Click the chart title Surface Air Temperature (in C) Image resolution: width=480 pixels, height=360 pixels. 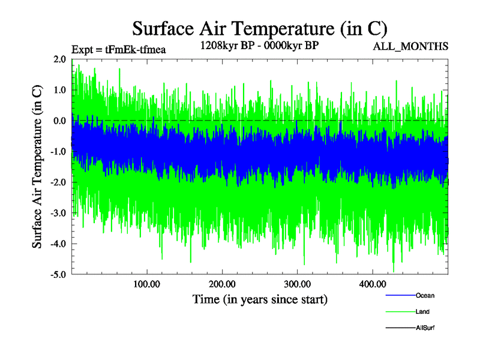click(259, 28)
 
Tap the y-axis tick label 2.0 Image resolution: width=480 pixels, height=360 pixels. click(59, 59)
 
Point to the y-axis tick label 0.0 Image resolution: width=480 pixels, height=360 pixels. click(59, 121)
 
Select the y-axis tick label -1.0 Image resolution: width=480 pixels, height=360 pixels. click(58, 151)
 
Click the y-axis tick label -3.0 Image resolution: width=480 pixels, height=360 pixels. click(58, 213)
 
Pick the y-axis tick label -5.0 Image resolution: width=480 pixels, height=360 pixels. click(58, 275)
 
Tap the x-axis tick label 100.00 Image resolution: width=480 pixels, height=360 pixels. click(147, 283)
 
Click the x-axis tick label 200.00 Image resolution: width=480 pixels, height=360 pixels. click(222, 283)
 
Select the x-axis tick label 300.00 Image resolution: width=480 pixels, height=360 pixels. click(297, 283)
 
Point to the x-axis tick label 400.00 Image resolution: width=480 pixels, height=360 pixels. click(372, 283)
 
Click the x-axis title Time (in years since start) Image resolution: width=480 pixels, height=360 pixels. click(260, 298)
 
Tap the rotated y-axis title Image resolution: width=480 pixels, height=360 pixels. click(37, 167)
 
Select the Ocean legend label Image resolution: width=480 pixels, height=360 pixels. click(425, 295)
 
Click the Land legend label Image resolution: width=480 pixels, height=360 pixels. click(422, 311)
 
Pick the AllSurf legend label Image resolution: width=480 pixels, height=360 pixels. click(425, 328)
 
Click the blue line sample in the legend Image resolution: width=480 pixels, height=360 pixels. click(400, 295)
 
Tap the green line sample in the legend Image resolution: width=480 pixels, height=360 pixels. click(400, 311)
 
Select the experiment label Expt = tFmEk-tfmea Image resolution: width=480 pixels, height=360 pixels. click(118, 50)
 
